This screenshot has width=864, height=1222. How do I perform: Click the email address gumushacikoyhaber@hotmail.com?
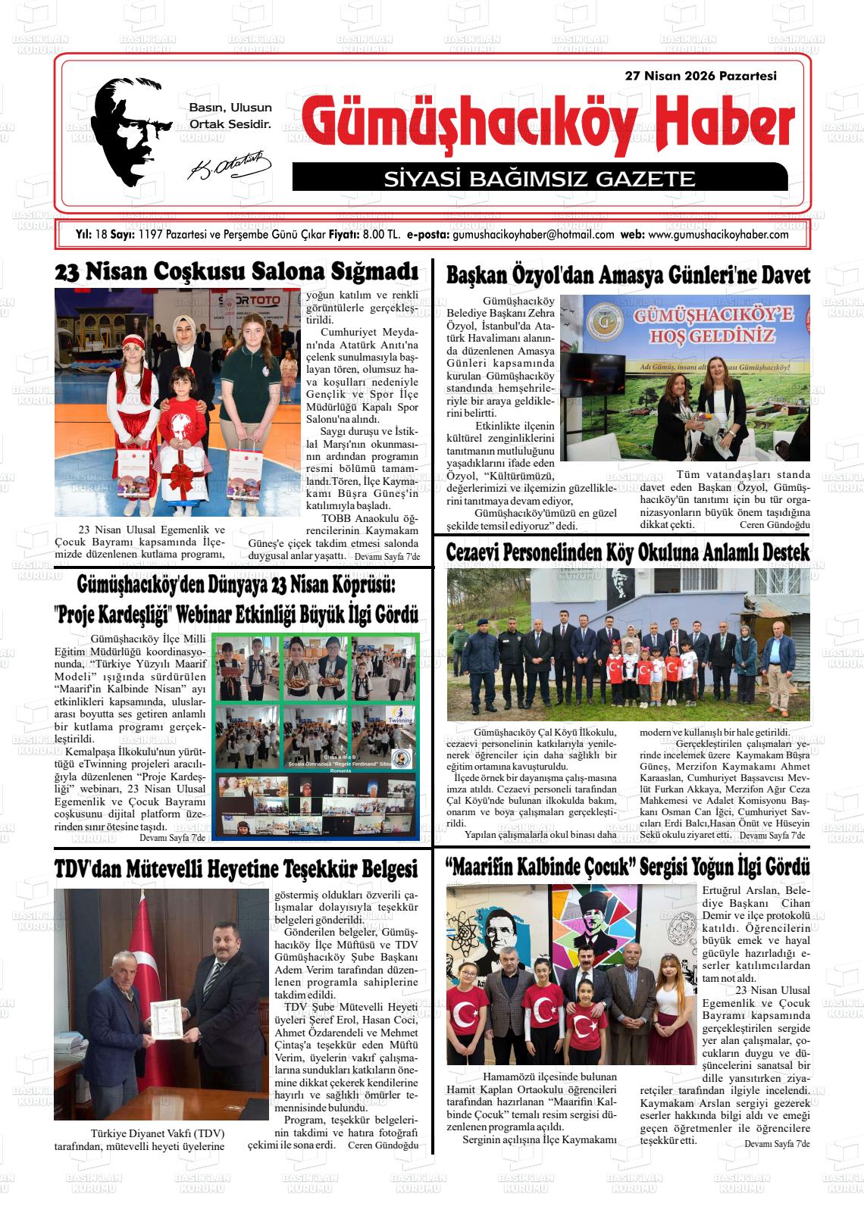tap(533, 235)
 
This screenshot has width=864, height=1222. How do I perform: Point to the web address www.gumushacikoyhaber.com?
tap(718, 235)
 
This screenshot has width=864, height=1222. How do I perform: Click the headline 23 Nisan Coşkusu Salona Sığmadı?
tap(236, 271)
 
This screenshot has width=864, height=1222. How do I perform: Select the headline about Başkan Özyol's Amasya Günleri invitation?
tap(628, 274)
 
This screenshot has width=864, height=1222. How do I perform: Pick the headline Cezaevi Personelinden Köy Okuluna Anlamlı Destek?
tap(628, 552)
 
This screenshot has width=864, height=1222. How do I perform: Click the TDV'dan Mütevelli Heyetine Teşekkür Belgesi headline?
tap(236, 867)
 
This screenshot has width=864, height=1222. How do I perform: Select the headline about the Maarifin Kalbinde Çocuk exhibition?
tap(628, 866)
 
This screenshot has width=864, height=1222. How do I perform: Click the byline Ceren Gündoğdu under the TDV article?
tap(383, 1145)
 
